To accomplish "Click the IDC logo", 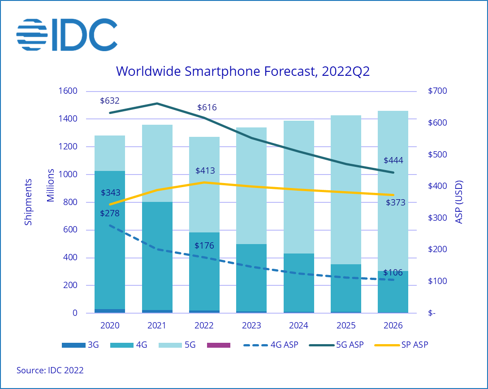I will pyautogui.click(x=67, y=35).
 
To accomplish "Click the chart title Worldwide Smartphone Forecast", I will pyautogui.click(x=243, y=71).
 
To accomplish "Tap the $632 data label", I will pyautogui.click(x=110, y=101).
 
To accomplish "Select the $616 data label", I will pyautogui.click(x=207, y=108).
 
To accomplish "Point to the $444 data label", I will pyautogui.click(x=393, y=161).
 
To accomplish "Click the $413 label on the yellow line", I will pyautogui.click(x=205, y=171).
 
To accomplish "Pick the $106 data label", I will pyautogui.click(x=393, y=272).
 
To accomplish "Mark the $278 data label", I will pyautogui.click(x=110, y=213).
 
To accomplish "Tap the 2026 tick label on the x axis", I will pyautogui.click(x=393, y=325).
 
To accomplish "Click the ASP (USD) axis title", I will pyautogui.click(x=459, y=202).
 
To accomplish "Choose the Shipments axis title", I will pyautogui.click(x=29, y=202).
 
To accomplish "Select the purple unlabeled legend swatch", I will pyautogui.click(x=219, y=345).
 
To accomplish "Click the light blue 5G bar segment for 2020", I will pyautogui.click(x=110, y=153).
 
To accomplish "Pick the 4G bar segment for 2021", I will pyautogui.click(x=157, y=256).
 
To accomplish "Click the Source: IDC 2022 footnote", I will pyautogui.click(x=50, y=370).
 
